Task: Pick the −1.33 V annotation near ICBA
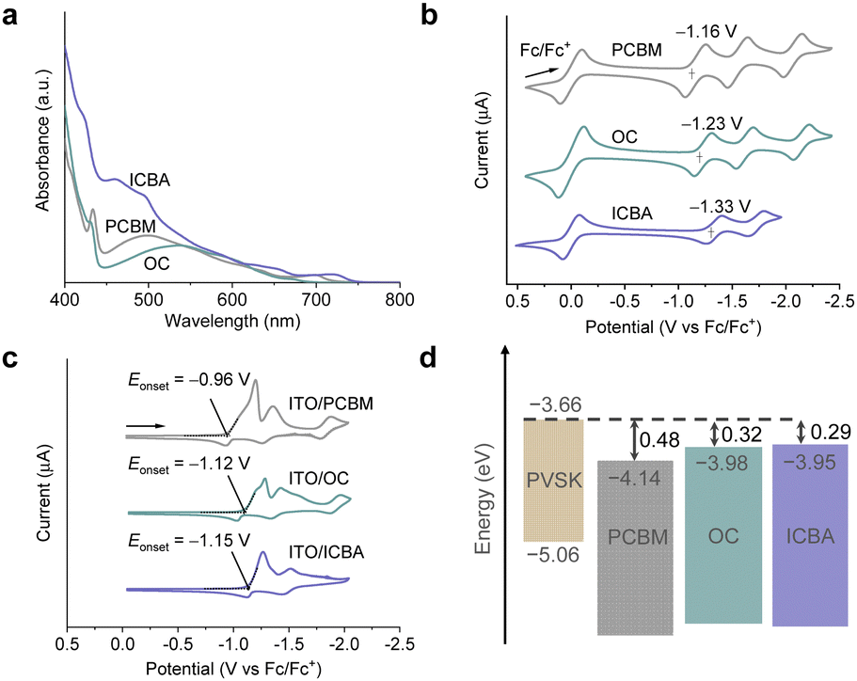[x=720, y=206]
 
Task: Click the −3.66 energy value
[x=550, y=406]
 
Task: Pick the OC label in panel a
[x=157, y=264]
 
